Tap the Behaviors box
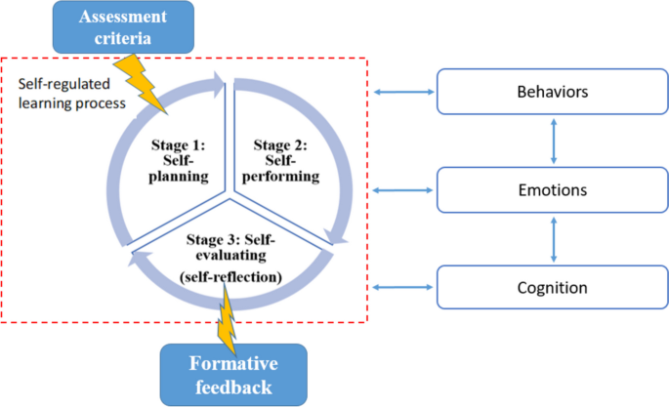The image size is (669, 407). [555, 92]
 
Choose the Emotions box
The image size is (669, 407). [555, 190]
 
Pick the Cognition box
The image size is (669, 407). [555, 288]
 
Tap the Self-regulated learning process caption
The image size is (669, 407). [69, 91]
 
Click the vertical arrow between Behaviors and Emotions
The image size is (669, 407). [555, 142]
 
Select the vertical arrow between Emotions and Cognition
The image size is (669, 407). [555, 240]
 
